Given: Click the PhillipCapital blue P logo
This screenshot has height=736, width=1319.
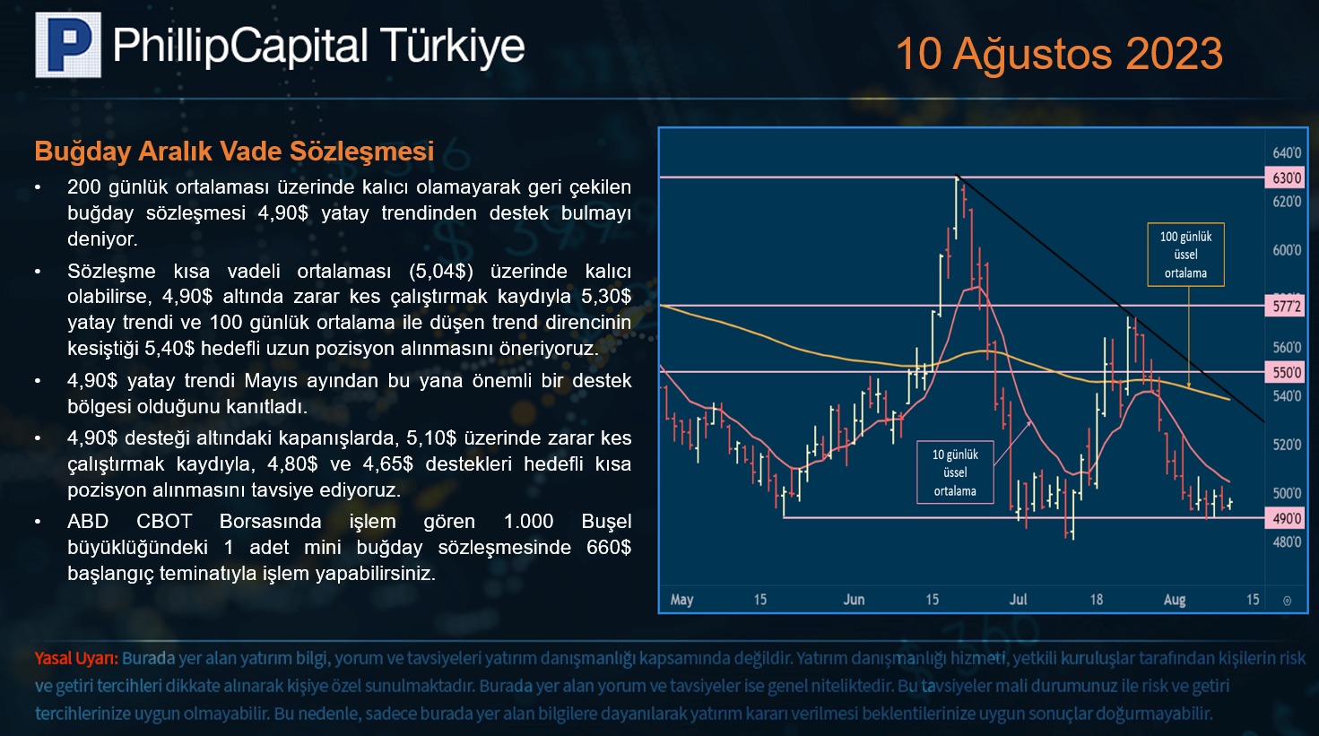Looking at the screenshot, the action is point(68,45).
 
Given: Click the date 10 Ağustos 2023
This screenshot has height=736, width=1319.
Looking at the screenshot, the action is point(1059,54).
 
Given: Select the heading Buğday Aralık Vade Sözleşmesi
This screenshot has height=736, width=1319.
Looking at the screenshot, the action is point(234,152).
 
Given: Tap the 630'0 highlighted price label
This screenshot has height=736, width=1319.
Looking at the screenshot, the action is point(1286,178).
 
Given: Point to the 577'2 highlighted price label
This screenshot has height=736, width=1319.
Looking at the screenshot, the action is point(1286,307).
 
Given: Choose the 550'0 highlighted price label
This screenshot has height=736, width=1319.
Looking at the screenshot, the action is point(1286,372).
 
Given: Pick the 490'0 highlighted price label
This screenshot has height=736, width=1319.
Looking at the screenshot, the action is point(1286,519).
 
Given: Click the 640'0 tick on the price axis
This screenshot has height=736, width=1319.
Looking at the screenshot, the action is point(1287,153).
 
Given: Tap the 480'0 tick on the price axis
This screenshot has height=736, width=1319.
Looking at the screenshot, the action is point(1287,541).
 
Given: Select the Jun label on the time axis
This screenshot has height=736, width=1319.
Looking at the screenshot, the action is point(854,600).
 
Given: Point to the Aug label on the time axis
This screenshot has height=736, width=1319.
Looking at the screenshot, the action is point(1174,600).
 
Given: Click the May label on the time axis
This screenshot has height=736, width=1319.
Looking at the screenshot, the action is point(681,600).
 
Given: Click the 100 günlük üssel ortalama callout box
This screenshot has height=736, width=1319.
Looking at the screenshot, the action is point(1185,255).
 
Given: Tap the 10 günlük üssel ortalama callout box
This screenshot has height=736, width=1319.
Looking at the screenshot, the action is point(955,472).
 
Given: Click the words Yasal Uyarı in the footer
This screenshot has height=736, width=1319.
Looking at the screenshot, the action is point(76,658).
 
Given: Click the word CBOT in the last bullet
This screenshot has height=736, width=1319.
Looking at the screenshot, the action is point(164,522).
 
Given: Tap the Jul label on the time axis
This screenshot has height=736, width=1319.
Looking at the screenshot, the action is point(1018,600).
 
